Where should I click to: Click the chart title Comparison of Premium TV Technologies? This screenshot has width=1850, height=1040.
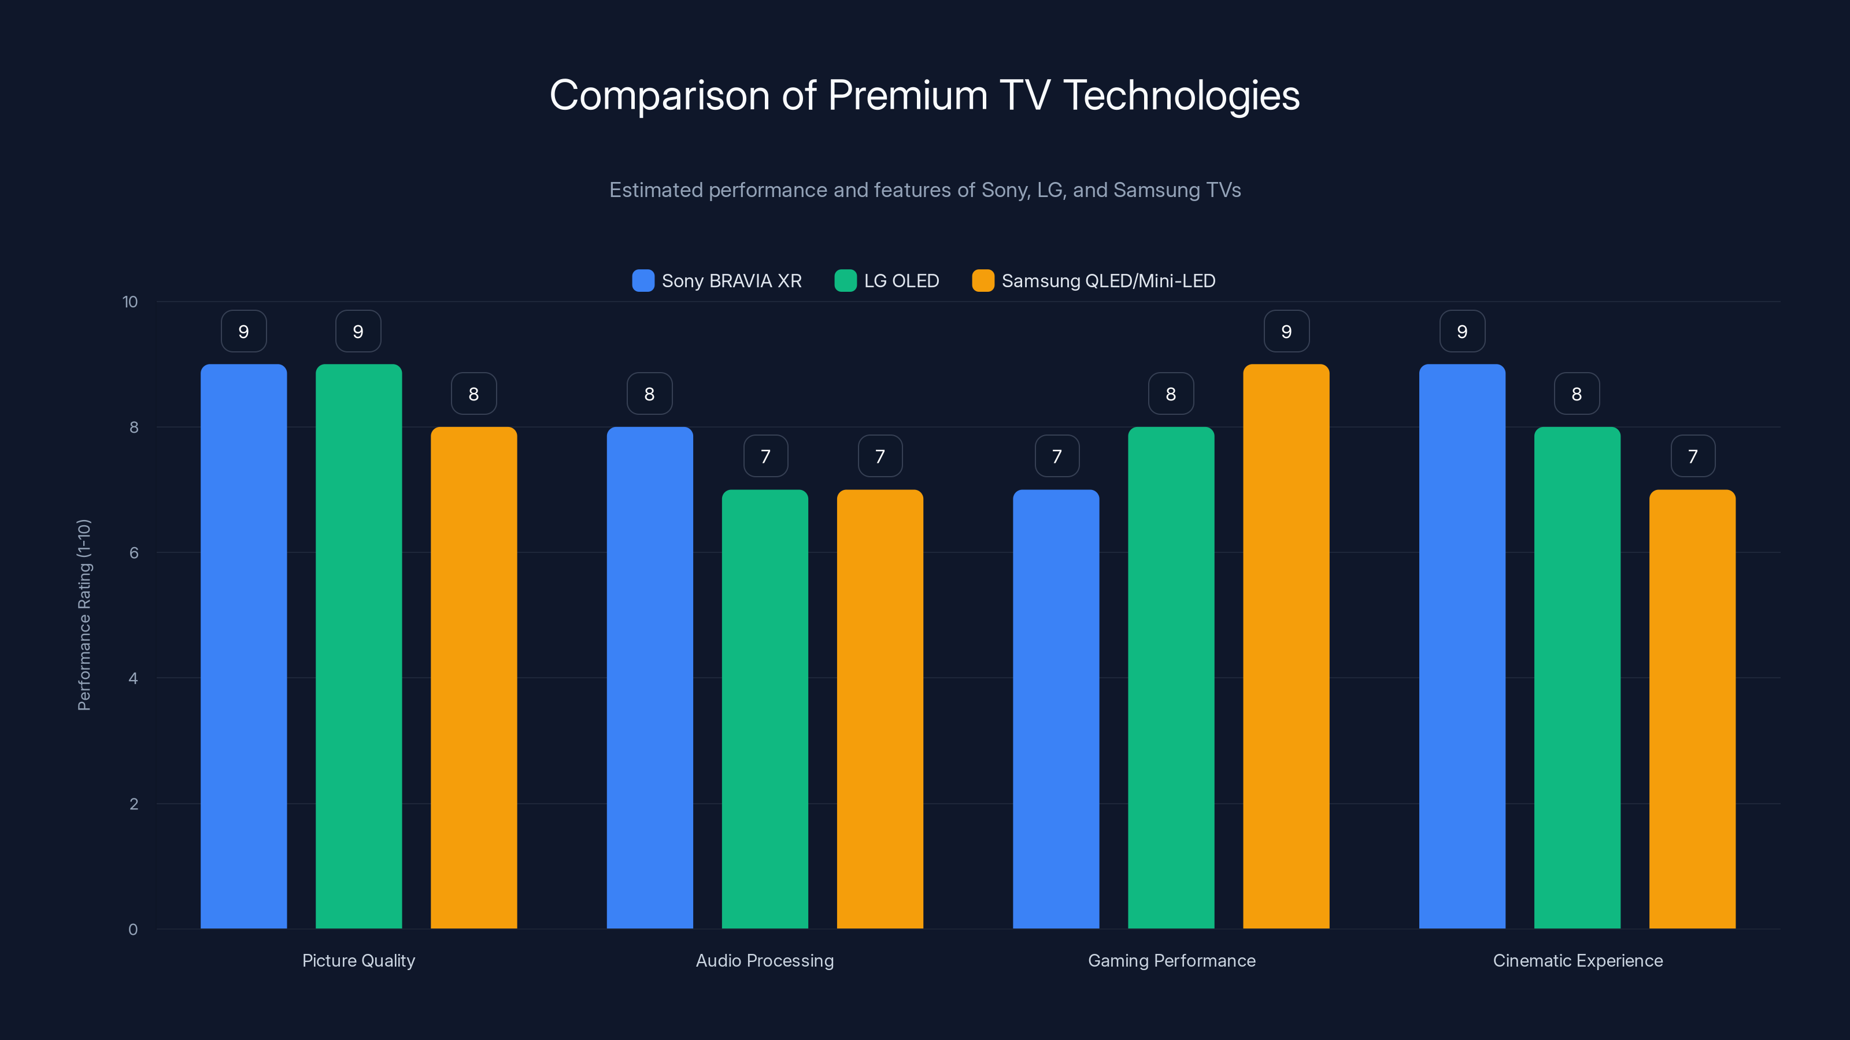tap(924, 95)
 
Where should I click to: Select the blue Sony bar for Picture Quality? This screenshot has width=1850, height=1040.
tap(243, 646)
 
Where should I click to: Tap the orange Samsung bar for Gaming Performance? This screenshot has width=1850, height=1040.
tap(1286, 646)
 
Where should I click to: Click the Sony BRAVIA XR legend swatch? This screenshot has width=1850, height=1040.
tap(643, 281)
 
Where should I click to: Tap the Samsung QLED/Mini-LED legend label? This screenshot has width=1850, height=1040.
tap(1108, 281)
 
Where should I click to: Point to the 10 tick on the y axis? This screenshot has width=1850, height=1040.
tap(130, 302)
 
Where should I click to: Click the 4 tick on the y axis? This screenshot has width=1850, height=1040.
tap(133, 678)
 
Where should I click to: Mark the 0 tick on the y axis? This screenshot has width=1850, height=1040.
tap(133, 930)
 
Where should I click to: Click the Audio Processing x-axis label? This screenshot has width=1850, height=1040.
tap(765, 960)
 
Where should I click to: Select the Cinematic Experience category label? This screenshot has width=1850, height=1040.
tap(1578, 960)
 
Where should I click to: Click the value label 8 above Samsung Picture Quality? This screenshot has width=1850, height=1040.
tap(473, 393)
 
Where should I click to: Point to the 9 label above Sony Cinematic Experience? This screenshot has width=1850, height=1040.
tap(1462, 331)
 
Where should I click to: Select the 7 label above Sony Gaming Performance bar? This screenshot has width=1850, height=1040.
tap(1056, 456)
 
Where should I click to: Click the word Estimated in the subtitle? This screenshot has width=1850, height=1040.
tap(655, 190)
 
